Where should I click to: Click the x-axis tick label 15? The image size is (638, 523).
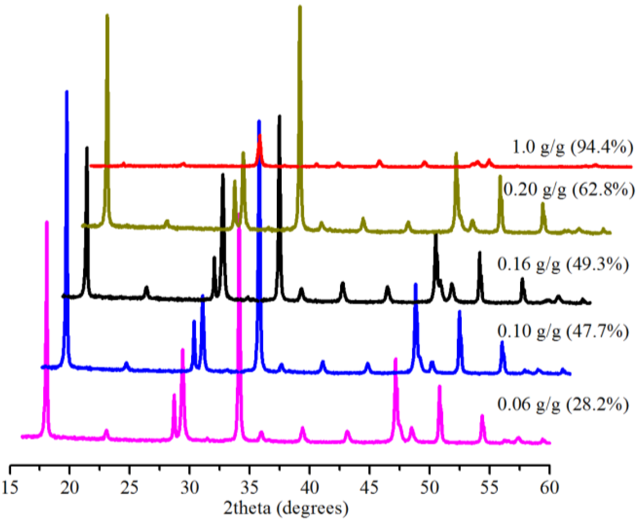coord(10,488)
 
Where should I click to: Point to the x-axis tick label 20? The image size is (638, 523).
coord(70,488)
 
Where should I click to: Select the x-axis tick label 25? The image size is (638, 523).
coord(130,488)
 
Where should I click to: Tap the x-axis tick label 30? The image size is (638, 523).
coord(190,488)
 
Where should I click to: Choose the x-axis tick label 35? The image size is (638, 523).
coord(249,488)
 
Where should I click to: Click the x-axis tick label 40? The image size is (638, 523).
coord(310,488)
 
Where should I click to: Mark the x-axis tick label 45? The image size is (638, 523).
coord(370,488)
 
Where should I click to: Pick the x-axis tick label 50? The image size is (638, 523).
coord(429,488)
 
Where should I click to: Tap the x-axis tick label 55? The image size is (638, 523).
coord(489,488)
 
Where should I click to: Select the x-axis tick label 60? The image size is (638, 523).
coord(550,488)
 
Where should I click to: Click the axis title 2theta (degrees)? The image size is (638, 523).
coord(286,508)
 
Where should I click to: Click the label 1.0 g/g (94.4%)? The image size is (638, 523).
coord(573,147)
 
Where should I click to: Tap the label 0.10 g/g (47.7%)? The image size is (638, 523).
coord(563,331)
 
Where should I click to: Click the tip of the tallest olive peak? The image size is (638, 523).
coord(300,6)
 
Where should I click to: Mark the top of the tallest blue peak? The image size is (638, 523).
coord(67,92)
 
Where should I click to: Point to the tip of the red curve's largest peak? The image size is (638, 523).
coord(260,135)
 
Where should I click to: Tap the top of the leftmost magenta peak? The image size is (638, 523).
coord(47,222)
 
